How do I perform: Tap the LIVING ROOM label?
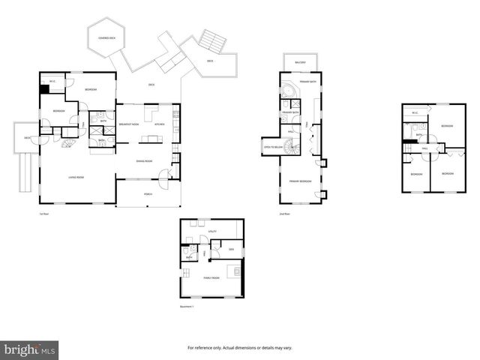(x=76, y=177)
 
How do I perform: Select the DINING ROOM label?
(x=145, y=161)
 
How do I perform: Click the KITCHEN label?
(x=159, y=124)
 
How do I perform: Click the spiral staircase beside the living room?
(x=67, y=142)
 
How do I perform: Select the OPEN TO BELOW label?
(x=272, y=148)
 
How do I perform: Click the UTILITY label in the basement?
(x=213, y=232)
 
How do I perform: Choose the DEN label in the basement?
(x=232, y=249)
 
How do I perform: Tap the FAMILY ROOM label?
(x=211, y=277)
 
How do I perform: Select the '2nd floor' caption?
(x=283, y=214)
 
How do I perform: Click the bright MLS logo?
(x=30, y=349)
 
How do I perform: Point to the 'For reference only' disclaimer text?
(x=239, y=348)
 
